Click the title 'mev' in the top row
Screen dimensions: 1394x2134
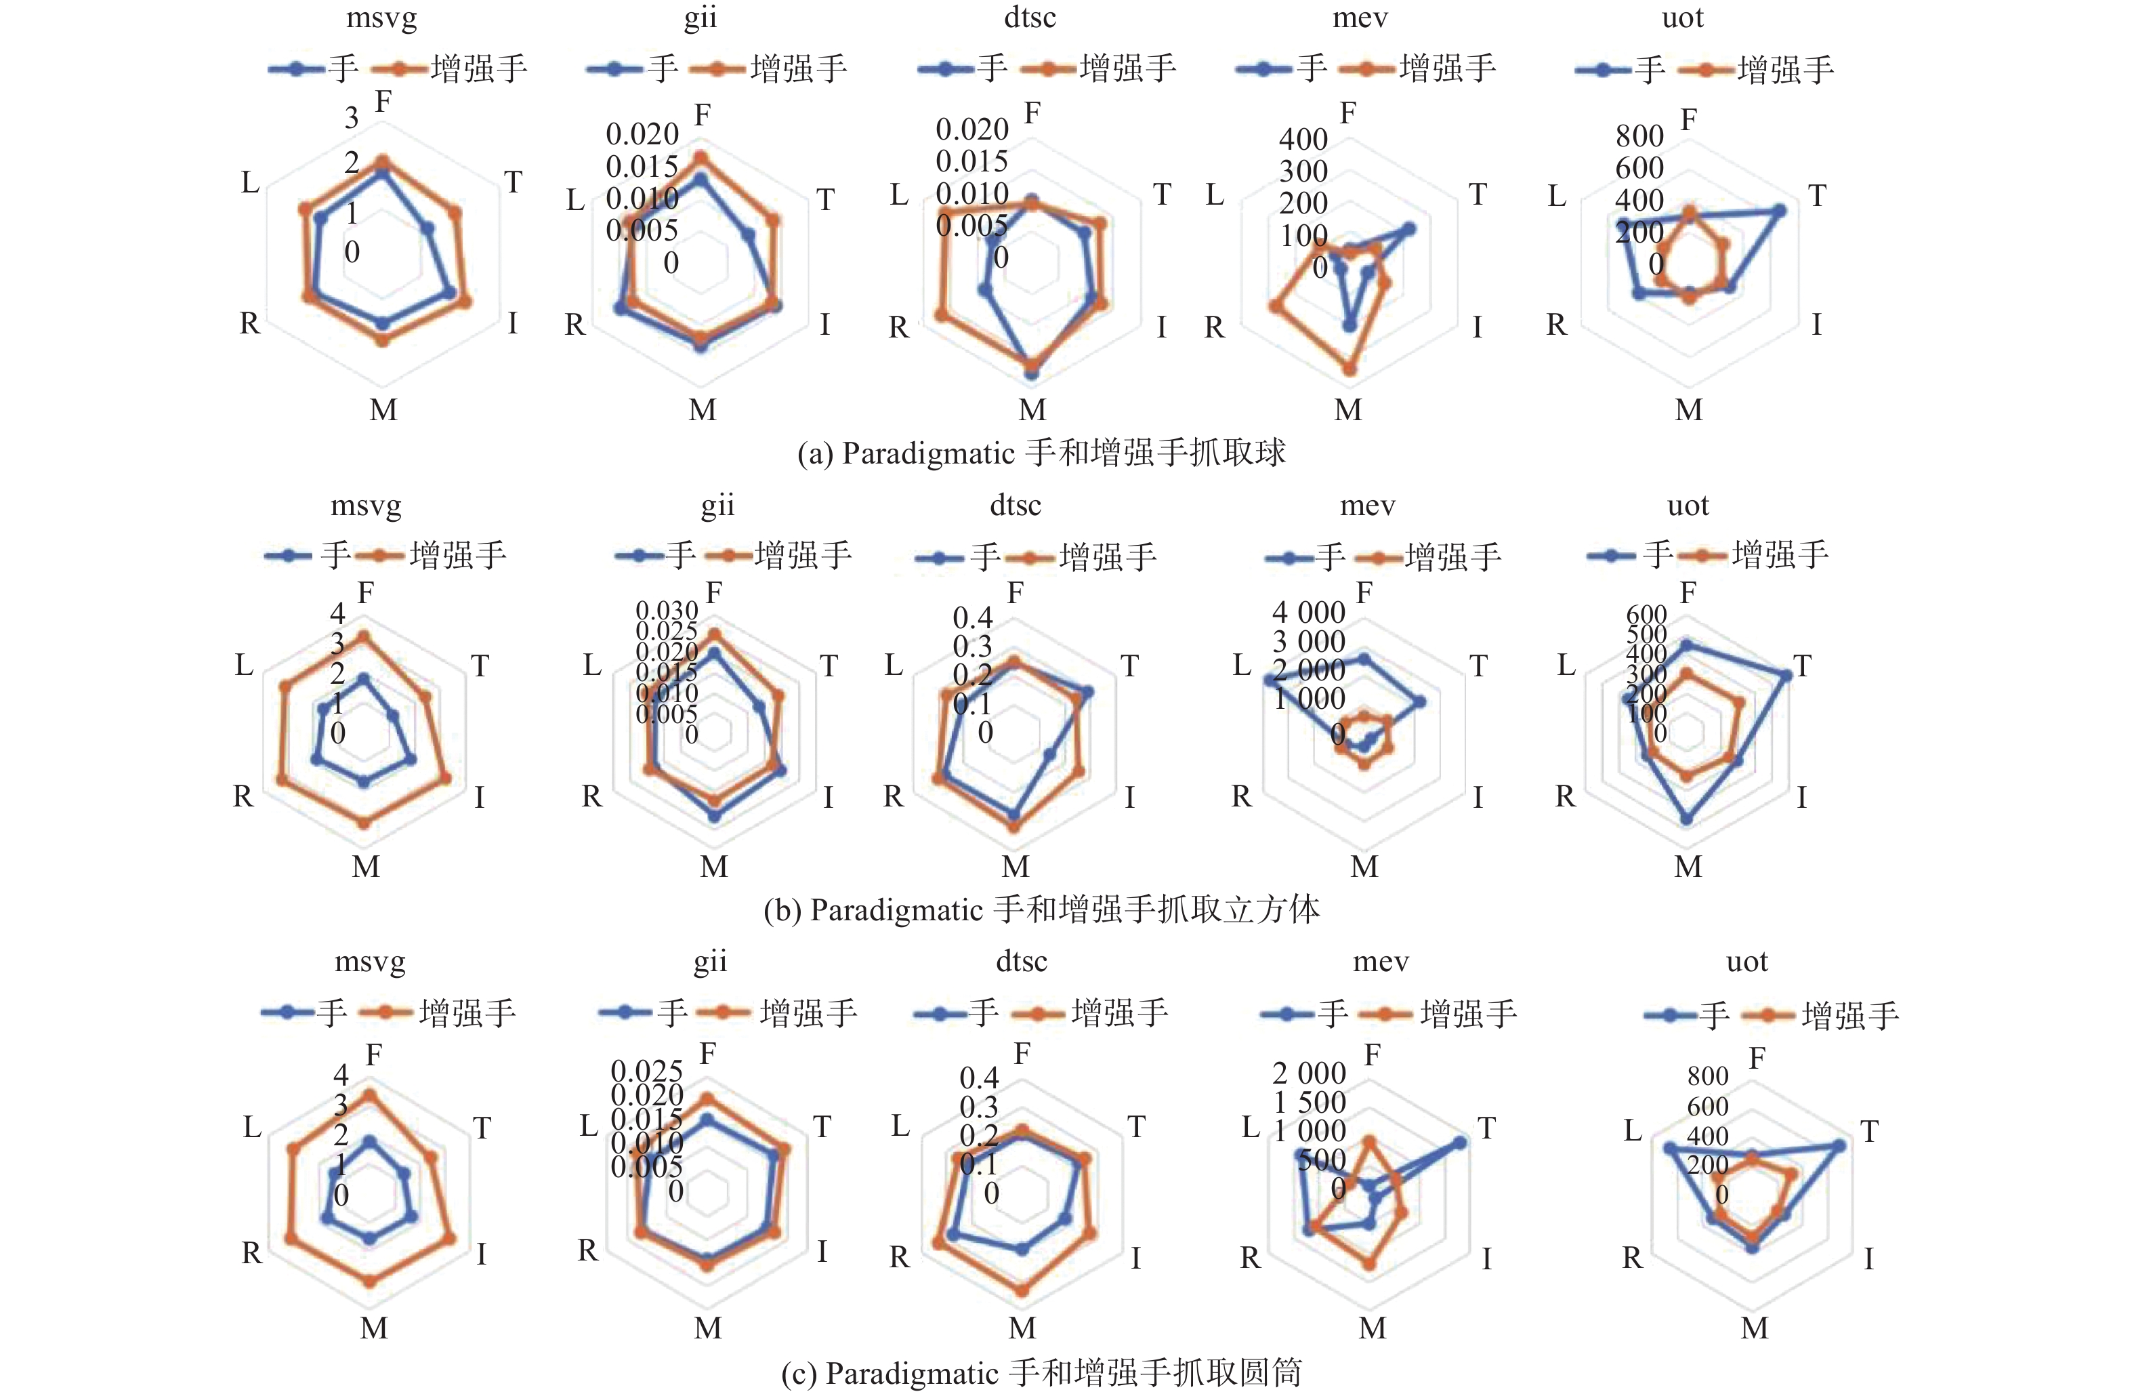pos(1359,18)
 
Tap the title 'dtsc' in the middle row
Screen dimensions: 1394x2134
pos(1015,505)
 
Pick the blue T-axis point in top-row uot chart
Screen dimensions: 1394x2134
pos(1780,211)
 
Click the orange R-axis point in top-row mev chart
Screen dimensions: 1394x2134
pos(1273,307)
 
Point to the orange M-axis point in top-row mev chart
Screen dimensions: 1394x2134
pos(1350,369)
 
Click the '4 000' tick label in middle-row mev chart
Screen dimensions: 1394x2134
pos(1308,613)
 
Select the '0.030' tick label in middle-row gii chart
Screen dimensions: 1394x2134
pos(666,611)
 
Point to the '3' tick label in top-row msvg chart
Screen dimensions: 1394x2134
pos(352,117)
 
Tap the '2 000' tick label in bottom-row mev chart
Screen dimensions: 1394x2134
pos(1308,1073)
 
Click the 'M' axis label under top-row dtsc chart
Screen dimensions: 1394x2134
pos(1032,410)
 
